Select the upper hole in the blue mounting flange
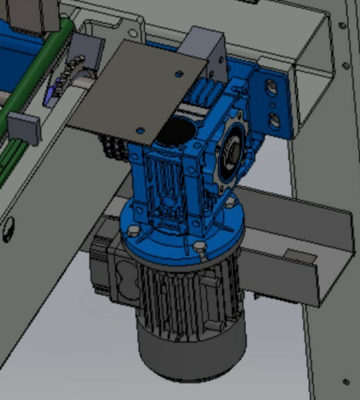[270, 87]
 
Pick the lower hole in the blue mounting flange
[273, 120]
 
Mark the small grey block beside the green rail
[25, 128]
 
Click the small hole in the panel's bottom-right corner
[346, 382]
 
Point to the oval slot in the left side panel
[7, 231]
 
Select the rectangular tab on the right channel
[297, 255]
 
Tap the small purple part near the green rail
[51, 97]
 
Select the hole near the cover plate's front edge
[141, 129]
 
